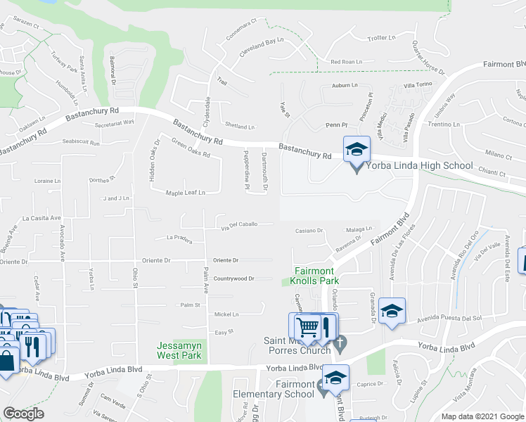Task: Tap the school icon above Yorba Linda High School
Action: [357, 149]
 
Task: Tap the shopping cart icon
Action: [307, 327]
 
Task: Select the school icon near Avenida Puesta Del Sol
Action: [392, 310]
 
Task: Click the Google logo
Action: [23, 414]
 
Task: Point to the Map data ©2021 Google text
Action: [482, 416]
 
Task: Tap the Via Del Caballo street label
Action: [238, 225]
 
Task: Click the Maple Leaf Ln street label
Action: [185, 192]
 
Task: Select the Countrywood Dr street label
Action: [233, 279]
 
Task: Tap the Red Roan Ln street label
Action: [346, 62]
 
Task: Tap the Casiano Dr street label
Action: [309, 230]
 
